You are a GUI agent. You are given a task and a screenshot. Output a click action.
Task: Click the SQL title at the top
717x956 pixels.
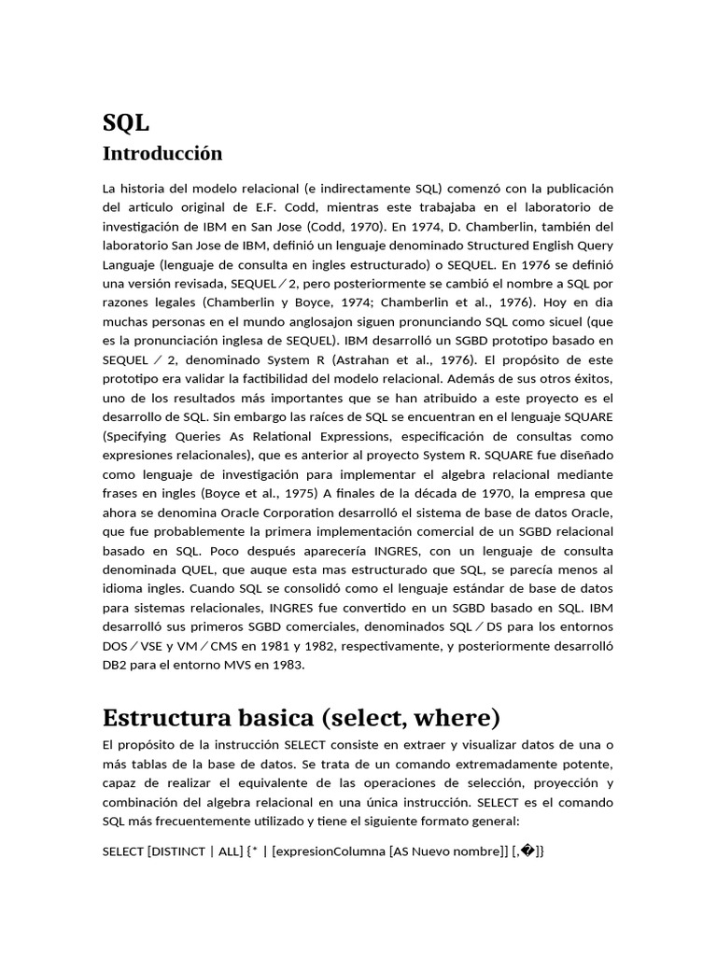pos(125,122)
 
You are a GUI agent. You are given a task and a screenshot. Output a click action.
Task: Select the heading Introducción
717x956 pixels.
pos(162,152)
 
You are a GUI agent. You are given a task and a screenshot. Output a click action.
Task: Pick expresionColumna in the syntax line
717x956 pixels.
pos(330,851)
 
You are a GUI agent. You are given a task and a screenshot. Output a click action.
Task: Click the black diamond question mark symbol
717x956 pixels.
pos(527,851)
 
